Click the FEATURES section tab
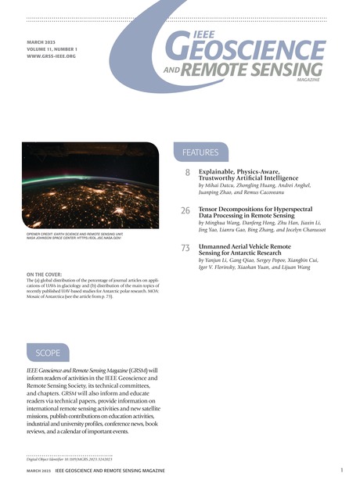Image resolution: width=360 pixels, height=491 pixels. [x=200, y=152]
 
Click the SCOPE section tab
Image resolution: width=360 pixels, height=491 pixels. [x=48, y=353]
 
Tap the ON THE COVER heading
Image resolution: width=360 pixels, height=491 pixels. [x=47, y=275]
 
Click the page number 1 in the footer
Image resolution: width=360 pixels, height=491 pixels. [x=342, y=470]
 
